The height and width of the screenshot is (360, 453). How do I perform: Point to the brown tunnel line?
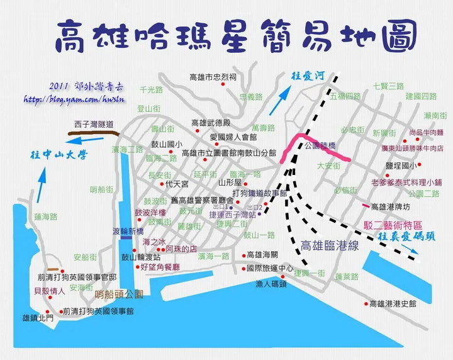pos(92,132)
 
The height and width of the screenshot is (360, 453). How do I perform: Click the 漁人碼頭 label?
pos(271,284)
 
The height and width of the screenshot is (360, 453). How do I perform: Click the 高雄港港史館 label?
pos(393,304)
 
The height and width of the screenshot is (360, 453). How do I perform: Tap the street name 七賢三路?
pos(388,86)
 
